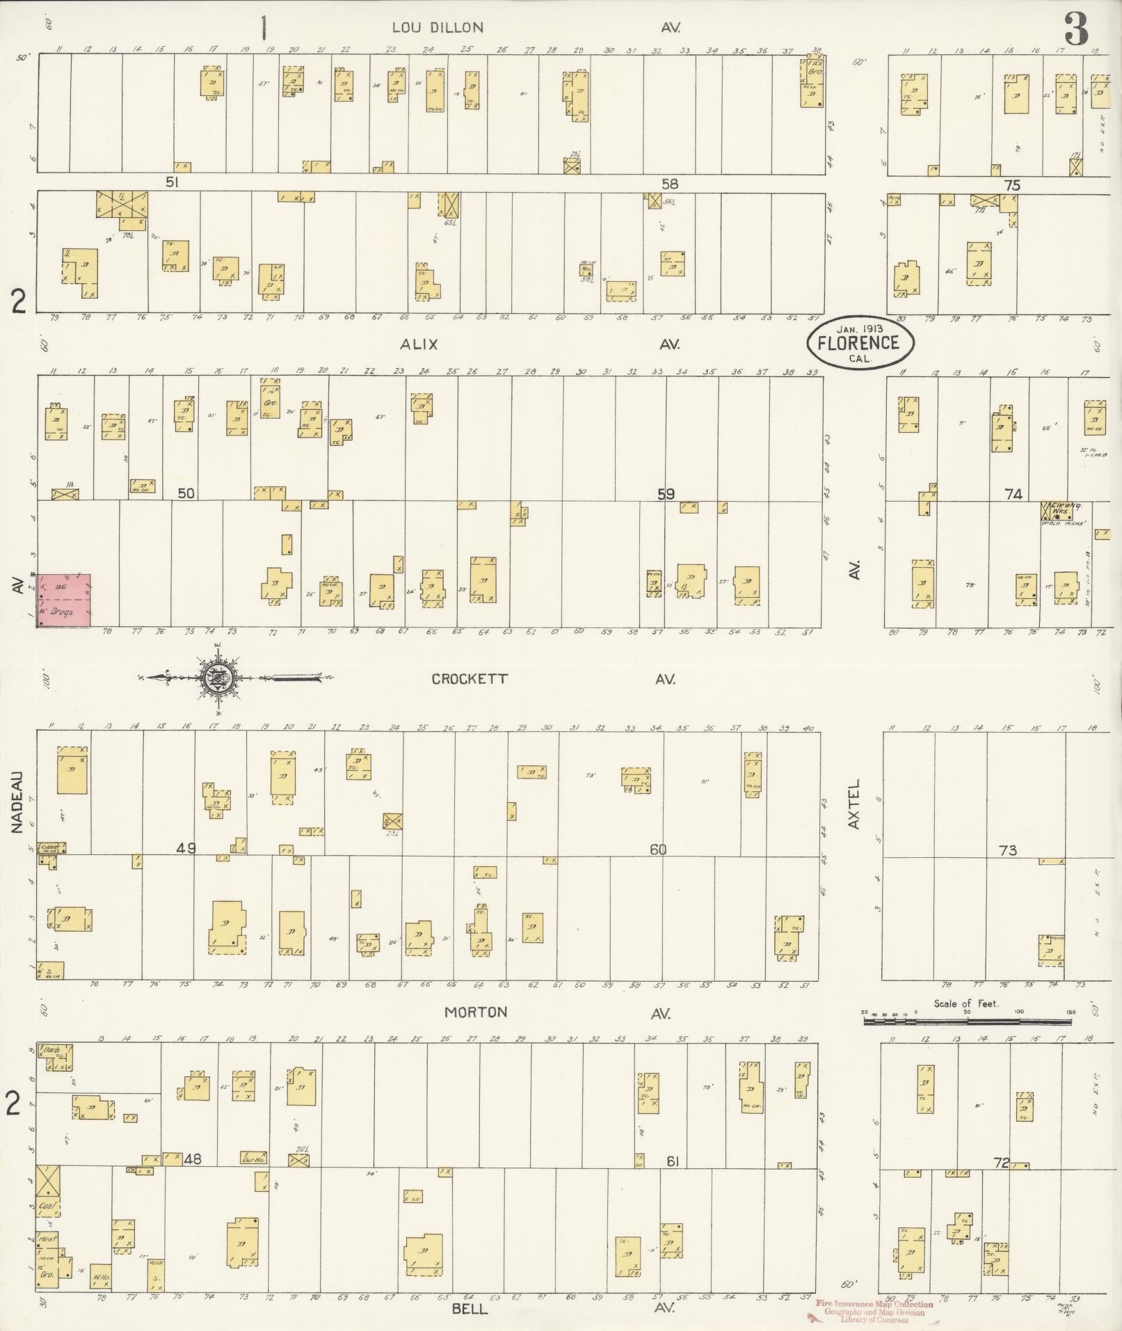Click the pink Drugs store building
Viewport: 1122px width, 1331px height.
click(63, 600)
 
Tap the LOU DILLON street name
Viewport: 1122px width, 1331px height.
click(437, 28)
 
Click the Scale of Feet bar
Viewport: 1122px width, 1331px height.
click(967, 1021)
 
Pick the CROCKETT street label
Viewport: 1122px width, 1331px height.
click(470, 679)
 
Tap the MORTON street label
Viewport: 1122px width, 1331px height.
click(476, 1012)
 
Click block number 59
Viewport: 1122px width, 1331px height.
click(666, 494)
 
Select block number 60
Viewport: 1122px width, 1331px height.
click(658, 850)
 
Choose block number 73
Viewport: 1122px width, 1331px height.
click(1007, 850)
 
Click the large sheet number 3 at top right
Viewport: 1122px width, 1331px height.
click(1075, 29)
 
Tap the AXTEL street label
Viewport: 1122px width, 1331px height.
click(855, 804)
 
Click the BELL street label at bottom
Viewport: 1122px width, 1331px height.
click(470, 1309)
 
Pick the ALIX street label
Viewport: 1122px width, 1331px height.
click(418, 344)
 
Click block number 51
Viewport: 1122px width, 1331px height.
click(173, 182)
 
